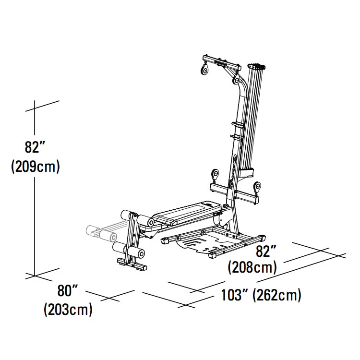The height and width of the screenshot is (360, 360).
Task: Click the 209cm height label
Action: click(x=36, y=166)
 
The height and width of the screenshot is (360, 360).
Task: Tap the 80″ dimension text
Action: click(x=68, y=290)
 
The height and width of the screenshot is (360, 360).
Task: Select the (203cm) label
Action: click(x=68, y=310)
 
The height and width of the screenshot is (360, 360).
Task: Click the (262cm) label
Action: click(x=277, y=295)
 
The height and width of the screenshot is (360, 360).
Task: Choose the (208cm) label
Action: click(x=252, y=267)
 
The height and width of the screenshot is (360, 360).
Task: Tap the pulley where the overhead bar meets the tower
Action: click(x=236, y=79)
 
